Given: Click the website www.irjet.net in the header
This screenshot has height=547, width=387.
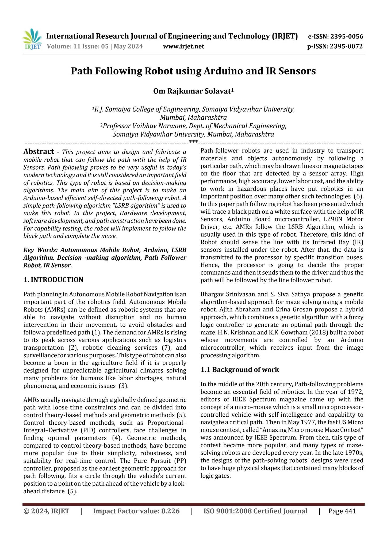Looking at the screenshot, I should (183, 47).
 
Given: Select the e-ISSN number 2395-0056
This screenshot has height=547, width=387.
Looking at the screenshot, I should (347, 37).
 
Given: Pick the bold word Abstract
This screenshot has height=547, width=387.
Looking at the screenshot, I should (39, 152).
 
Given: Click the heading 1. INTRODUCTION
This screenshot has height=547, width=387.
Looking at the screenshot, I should (53, 280).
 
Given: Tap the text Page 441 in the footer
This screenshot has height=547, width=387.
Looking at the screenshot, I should (342, 511).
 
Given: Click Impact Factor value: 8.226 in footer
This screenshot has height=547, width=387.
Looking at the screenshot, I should (136, 511).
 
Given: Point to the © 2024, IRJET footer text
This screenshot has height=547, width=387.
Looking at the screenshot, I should (46, 511).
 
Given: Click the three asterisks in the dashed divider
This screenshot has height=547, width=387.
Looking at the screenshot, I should (193, 142).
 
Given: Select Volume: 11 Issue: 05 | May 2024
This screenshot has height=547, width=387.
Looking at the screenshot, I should (95, 47).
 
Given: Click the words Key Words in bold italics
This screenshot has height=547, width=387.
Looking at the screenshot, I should (40, 250).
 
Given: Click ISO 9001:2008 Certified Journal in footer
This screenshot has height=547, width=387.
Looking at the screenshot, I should (255, 511).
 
